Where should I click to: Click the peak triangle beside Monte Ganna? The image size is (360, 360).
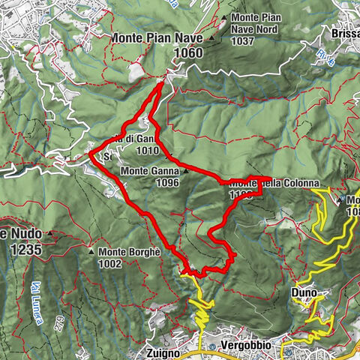point(184,171)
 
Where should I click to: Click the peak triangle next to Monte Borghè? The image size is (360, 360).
point(91,252)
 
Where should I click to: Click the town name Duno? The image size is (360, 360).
point(303,291)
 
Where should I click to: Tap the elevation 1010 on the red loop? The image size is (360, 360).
point(148,150)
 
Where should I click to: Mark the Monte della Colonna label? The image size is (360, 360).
point(274,182)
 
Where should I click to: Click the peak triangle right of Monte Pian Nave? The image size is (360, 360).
point(212,36)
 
